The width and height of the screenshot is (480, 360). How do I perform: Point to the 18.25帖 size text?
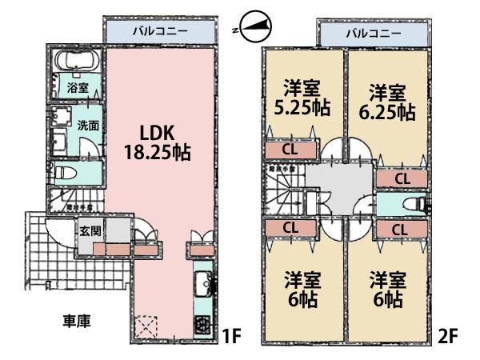point(156,151)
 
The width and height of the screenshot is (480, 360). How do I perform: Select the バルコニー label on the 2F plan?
point(373,33)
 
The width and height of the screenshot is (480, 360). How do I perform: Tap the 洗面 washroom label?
point(89,125)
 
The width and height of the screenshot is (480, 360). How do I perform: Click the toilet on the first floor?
point(65,170)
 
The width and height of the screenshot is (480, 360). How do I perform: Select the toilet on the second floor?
point(413,204)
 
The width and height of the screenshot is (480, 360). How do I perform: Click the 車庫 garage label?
point(77,322)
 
